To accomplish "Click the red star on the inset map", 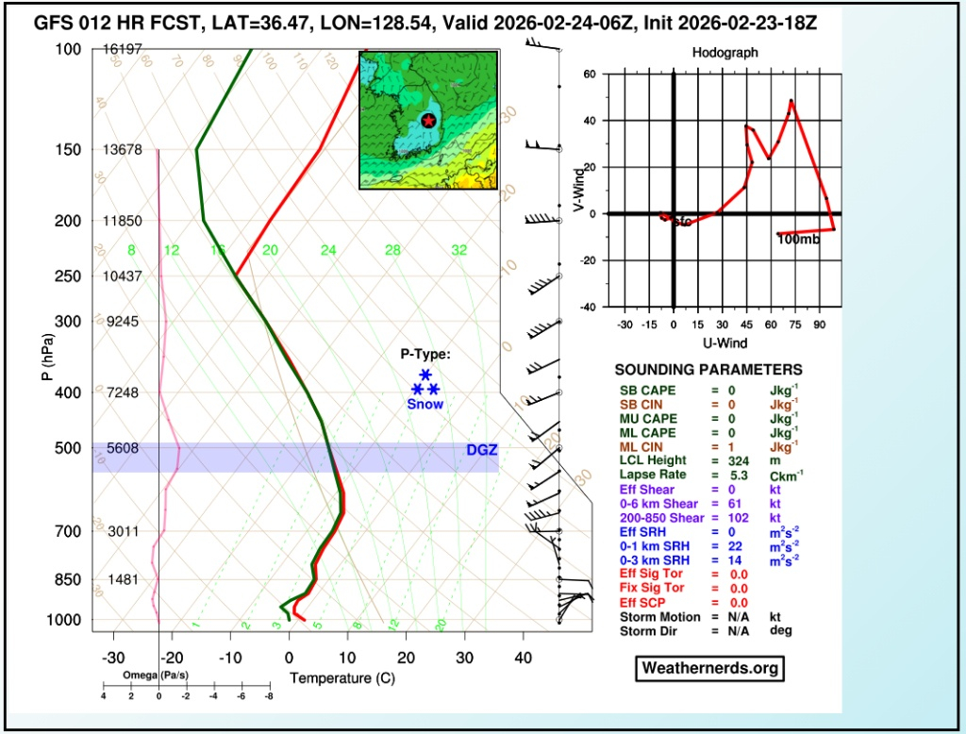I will pos(428,121).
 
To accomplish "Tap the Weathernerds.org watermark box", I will pos(710,668).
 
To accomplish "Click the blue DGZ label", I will pos(481,451).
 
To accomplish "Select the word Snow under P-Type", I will pos(425,404).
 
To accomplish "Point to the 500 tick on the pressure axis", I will pos(67,448).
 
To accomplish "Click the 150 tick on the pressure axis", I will pos(67,150).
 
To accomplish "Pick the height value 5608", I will pos(123,449).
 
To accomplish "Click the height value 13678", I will pos(123,150).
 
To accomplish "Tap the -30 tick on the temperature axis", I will pos(112,658).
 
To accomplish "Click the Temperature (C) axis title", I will pos(341,678).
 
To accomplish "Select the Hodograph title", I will pos(724,54).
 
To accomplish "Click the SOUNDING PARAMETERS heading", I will pos(708,370).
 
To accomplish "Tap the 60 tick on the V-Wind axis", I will pos(590,74).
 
